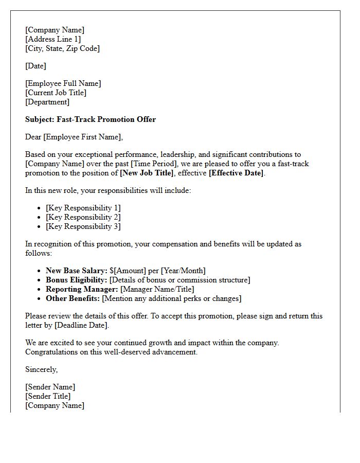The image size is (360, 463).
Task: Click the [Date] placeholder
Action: coord(35,66)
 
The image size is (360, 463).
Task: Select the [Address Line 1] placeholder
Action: coord(53,39)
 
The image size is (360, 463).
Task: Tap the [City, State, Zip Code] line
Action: coord(62,48)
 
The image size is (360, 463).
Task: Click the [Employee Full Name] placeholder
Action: coord(63,83)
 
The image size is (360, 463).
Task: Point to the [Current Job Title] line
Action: coord(56,93)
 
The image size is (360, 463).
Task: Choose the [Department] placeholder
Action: coord(47,102)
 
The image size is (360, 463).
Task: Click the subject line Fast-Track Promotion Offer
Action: coord(91,119)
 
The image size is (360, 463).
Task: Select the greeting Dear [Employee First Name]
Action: coord(74,137)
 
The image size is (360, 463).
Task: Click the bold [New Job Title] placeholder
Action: coord(147,173)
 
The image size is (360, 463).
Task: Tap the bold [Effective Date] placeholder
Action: coord(236,173)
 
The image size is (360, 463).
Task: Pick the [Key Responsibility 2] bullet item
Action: coord(83,217)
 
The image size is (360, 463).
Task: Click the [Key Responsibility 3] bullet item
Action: coord(83,226)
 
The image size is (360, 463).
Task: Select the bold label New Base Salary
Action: coord(76,271)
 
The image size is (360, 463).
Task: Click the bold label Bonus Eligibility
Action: coord(76,280)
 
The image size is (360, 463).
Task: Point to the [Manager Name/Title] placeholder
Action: coord(157,289)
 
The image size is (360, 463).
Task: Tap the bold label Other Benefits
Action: coord(73,298)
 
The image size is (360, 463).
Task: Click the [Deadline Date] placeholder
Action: coord(81,325)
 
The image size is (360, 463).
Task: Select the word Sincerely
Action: coord(41,369)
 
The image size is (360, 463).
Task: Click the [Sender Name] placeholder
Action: coord(50,387)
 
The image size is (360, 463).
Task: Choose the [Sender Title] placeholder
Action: coord(48,396)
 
